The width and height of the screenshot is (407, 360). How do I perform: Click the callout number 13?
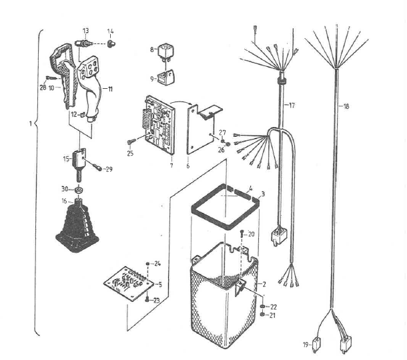[85, 31]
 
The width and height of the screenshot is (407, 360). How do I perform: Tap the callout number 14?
[111, 31]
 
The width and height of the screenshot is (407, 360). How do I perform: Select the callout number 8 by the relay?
[151, 49]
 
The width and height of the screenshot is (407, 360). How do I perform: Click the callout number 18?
[346, 106]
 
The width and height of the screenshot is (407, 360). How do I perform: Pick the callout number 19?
[306, 345]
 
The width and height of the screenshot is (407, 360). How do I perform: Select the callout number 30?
[65, 189]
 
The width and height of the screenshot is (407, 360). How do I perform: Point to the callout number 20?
[252, 234]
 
